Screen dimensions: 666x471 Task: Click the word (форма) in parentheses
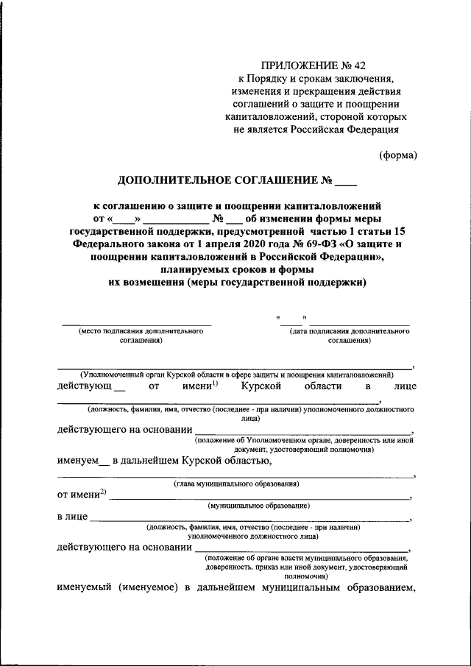(x=398, y=155)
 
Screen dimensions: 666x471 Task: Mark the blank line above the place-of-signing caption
(x=136, y=325)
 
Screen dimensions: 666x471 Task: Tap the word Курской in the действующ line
(x=262, y=386)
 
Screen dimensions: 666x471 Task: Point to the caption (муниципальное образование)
(x=258, y=506)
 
